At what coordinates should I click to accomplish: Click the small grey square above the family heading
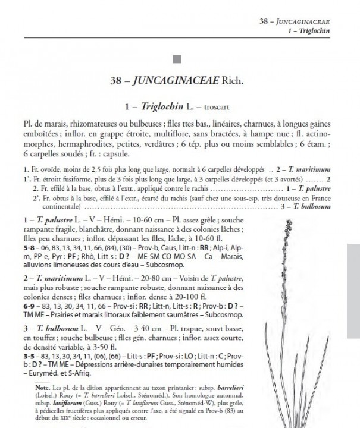coord(176,58)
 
